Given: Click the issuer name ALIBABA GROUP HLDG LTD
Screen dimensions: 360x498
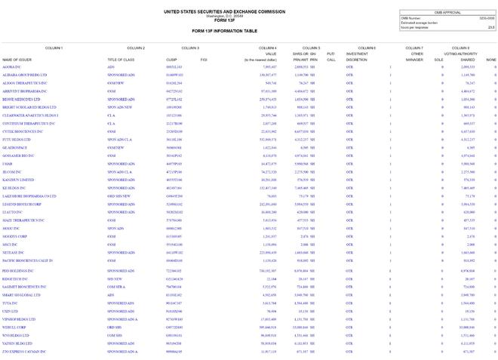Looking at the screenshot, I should pos(25,75).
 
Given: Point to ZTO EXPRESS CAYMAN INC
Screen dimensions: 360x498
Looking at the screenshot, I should pos(26,352).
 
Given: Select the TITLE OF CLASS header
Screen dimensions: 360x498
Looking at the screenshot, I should pos(121,59).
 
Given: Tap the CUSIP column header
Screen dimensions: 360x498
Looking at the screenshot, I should pos(171,59).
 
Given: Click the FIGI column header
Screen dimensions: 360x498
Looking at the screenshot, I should pos(204,59).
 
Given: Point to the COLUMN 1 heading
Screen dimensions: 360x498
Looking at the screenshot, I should pos(54,48).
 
